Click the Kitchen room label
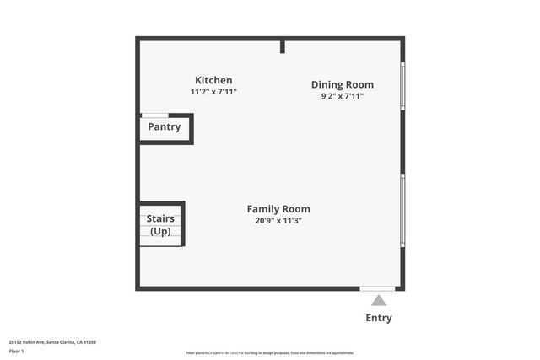click(x=213, y=80)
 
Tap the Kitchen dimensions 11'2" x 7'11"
click(x=213, y=91)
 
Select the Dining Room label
click(x=342, y=84)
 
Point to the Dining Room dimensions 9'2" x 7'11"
click(x=342, y=96)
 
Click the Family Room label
click(x=278, y=209)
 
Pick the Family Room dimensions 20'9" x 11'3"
click(x=278, y=220)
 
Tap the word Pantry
click(x=165, y=127)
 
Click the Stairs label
click(x=160, y=219)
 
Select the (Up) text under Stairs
click(x=160, y=231)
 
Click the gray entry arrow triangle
click(x=379, y=300)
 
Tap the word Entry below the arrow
click(x=379, y=318)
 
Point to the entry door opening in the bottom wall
click(x=377, y=289)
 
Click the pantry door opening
click(x=154, y=116)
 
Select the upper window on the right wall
click(x=402, y=87)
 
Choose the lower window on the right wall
click(x=402, y=211)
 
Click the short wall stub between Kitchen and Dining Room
click(x=283, y=46)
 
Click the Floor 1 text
click(x=16, y=351)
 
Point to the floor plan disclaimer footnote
click(x=270, y=353)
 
